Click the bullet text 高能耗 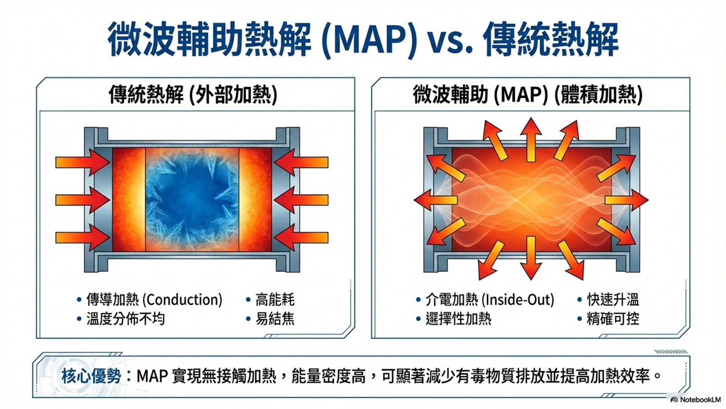[275, 300]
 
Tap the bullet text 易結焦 [275, 319]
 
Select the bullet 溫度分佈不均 [126, 319]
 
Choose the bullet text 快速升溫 [613, 300]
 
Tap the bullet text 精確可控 [613, 319]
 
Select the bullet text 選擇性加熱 [458, 319]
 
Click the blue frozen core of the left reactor [192, 199]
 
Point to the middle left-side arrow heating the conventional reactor [83, 200]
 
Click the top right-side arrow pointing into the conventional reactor [301, 162]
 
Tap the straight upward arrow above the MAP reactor [531, 139]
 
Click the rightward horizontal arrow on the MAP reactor [627, 200]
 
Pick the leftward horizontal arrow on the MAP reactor [436, 200]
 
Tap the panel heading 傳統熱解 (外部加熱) [193, 95]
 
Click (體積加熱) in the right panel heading [599, 95]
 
